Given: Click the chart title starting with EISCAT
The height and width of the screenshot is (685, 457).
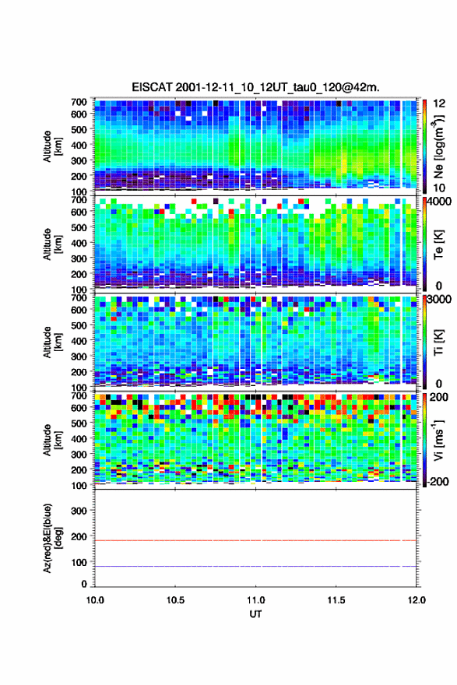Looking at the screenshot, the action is coord(255,87).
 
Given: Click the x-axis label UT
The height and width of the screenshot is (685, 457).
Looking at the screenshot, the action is coord(255,614).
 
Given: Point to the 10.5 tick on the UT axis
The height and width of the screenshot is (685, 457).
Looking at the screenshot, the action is coord(175,600).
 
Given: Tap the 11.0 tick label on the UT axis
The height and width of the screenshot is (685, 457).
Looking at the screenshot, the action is coord(255,600).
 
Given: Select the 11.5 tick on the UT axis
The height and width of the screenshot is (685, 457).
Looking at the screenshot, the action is coord(336,600).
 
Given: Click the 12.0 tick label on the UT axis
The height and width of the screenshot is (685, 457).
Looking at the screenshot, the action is coord(417,600).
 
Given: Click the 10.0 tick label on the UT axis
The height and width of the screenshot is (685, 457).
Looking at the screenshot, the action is coord(95,600).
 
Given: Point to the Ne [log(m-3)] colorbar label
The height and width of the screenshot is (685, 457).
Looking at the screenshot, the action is coord(438,146).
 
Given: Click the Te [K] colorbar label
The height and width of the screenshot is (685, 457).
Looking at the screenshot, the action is coord(438,244).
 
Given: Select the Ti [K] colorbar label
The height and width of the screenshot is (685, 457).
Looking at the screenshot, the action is coord(438,342).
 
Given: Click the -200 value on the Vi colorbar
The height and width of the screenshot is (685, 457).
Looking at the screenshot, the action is coord(437,481).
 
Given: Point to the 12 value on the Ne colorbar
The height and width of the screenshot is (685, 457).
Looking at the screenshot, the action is coord(439,104).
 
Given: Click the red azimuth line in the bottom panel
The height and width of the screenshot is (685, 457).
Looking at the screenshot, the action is coord(255,541).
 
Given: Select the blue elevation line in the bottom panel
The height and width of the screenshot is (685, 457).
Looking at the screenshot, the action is coord(255,566).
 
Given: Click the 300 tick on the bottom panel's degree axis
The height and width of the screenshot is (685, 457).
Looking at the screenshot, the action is coord(79,511).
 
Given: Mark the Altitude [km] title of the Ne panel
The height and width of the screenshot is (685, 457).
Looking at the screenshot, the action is coord(51,146).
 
